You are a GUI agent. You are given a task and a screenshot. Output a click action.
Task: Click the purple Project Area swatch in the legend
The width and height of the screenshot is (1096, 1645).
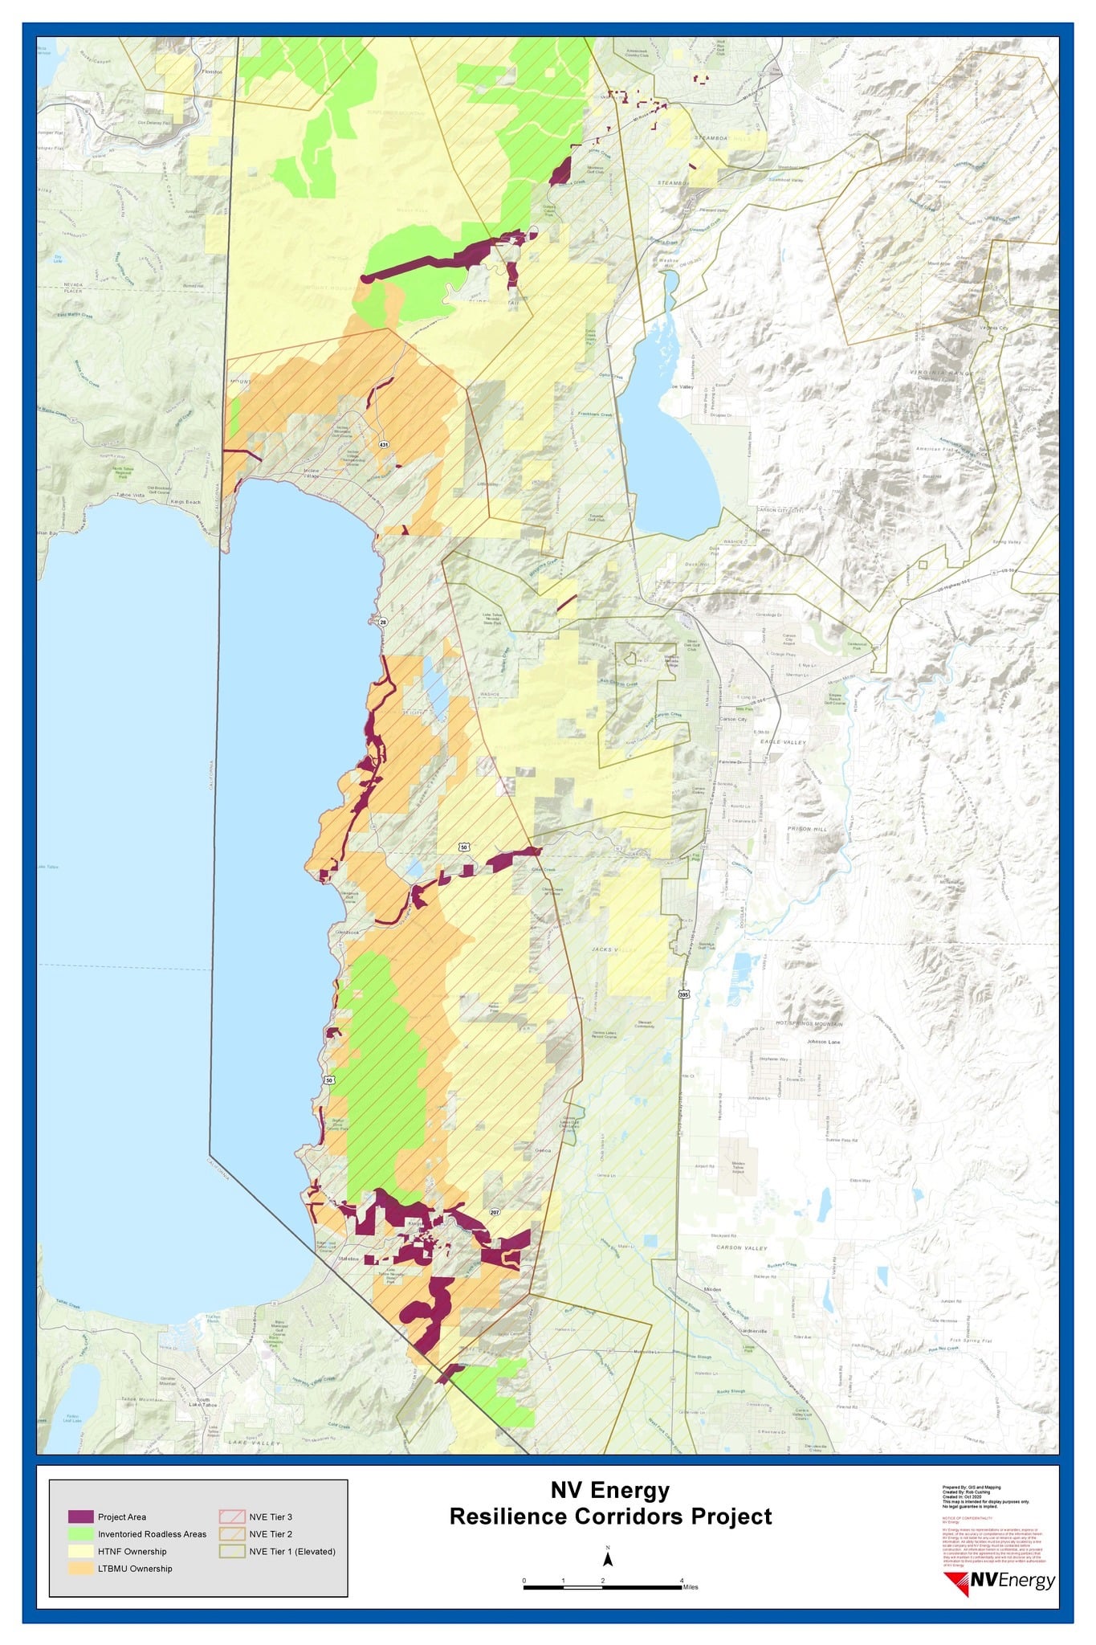(80, 1516)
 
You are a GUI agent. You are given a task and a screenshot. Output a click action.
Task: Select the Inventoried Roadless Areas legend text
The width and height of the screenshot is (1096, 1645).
(152, 1534)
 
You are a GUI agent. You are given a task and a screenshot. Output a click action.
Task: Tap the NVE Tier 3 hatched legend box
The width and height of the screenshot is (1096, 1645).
(231, 1516)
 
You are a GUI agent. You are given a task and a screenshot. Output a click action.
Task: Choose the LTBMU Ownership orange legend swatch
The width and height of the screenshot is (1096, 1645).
(80, 1568)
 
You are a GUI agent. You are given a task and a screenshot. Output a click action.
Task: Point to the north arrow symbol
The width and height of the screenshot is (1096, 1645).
(608, 1559)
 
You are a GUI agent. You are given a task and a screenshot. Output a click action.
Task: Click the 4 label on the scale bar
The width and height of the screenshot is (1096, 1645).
(682, 1580)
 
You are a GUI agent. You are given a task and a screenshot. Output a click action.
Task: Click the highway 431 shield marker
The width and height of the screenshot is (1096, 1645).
(384, 444)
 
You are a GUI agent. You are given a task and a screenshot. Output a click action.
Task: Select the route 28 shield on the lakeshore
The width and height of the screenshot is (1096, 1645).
(383, 622)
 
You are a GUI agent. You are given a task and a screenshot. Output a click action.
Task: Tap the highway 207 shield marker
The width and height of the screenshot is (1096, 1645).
(495, 1212)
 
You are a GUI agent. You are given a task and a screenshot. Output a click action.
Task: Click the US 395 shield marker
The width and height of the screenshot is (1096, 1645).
(683, 994)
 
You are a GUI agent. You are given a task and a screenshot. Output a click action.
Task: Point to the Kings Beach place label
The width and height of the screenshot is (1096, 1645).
(186, 501)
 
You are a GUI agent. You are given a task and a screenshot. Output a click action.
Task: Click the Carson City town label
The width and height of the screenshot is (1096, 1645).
(732, 719)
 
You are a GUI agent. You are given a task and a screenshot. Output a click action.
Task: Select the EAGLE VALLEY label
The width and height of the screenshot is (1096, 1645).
(784, 741)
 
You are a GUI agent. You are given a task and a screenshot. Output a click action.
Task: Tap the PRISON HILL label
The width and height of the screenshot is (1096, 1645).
(806, 828)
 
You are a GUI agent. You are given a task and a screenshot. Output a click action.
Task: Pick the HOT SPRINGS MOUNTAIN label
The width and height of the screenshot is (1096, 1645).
(809, 1024)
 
